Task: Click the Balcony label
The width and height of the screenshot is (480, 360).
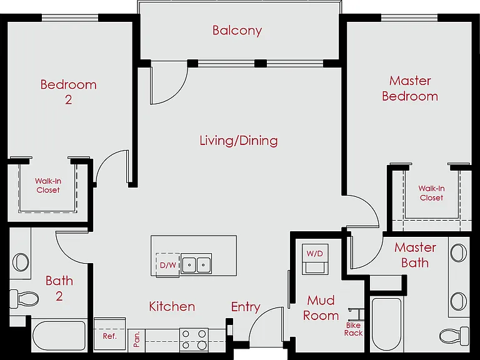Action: (x=237, y=31)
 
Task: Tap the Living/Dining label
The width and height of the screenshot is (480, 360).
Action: (x=239, y=141)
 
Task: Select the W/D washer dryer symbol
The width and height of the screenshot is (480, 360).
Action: (x=315, y=259)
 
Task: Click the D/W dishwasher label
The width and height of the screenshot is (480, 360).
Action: (x=168, y=265)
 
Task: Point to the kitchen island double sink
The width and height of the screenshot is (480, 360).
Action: (x=196, y=264)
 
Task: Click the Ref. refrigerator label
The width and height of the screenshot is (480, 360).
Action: (x=110, y=336)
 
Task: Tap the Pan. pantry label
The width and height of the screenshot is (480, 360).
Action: (x=136, y=339)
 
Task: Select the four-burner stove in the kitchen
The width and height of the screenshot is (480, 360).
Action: (x=194, y=340)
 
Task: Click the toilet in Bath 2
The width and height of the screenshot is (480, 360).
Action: (x=24, y=299)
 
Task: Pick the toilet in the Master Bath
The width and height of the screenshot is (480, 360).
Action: (x=454, y=336)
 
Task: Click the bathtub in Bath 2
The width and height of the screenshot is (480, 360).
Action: (x=59, y=336)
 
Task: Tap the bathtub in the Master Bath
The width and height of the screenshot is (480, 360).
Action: (x=386, y=324)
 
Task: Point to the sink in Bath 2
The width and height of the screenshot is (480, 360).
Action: (x=21, y=262)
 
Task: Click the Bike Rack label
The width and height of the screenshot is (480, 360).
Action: (x=354, y=329)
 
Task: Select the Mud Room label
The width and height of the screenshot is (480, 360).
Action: (x=321, y=307)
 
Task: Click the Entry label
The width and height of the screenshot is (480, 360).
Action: (x=246, y=307)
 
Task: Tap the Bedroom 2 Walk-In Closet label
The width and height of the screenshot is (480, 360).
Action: (x=48, y=186)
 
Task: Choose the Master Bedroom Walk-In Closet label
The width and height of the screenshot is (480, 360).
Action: (x=432, y=193)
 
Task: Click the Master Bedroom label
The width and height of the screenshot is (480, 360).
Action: (x=410, y=89)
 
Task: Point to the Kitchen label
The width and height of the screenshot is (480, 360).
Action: (x=172, y=306)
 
